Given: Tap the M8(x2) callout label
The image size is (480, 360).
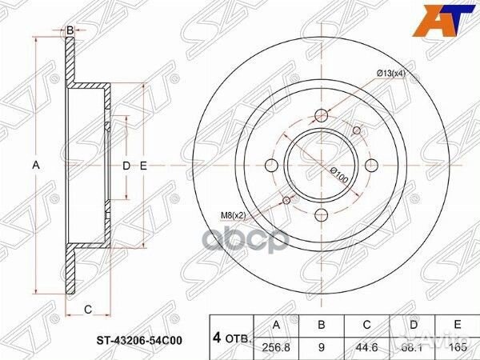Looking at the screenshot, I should coord(232,214).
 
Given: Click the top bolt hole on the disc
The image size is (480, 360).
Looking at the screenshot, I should coord(321,114).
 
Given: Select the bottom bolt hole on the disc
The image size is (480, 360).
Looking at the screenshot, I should coord(321,215).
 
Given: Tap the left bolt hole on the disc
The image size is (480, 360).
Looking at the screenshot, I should coord(270,166).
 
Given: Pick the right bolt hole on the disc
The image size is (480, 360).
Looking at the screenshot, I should coord(371,166).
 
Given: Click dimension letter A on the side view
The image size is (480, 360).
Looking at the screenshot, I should coord(35,166).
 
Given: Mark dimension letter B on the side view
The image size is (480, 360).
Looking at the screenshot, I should coord(70,30).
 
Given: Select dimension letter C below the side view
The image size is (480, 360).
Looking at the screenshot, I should coord(87,309).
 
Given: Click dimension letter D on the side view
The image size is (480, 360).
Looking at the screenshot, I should coord(125,166).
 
